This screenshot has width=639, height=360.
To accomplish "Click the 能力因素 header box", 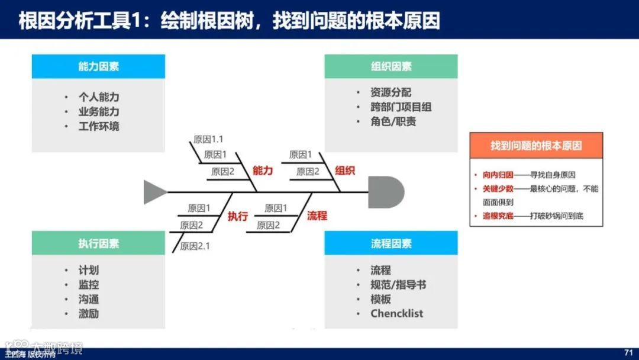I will (98, 66).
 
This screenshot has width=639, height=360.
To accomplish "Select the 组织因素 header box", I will (390, 66).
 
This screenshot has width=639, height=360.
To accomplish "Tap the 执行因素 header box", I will (98, 243).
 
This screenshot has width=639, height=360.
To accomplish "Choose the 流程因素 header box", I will (390, 243).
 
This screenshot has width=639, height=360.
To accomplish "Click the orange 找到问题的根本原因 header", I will (536, 145).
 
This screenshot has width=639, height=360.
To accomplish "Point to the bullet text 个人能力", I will (99, 97).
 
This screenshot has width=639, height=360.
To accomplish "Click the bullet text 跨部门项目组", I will (401, 107).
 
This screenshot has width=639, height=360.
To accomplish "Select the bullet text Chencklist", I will (396, 314).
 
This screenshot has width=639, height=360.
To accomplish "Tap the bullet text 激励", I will (89, 314).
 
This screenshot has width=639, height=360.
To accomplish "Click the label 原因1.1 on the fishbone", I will (208, 140).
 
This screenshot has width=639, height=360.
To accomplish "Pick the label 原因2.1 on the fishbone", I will (195, 246).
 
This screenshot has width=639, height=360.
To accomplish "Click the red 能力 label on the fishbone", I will (263, 171).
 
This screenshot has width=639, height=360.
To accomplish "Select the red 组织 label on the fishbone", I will (345, 171).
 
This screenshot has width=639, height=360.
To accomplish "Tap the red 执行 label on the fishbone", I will (238, 216).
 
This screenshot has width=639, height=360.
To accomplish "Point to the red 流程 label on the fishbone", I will (317, 216).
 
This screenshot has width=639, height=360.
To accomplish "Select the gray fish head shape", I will (385, 192).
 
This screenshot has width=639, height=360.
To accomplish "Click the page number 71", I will (628, 353).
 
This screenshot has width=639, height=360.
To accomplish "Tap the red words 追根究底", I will (498, 216).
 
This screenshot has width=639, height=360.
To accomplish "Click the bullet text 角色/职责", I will (393, 121).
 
